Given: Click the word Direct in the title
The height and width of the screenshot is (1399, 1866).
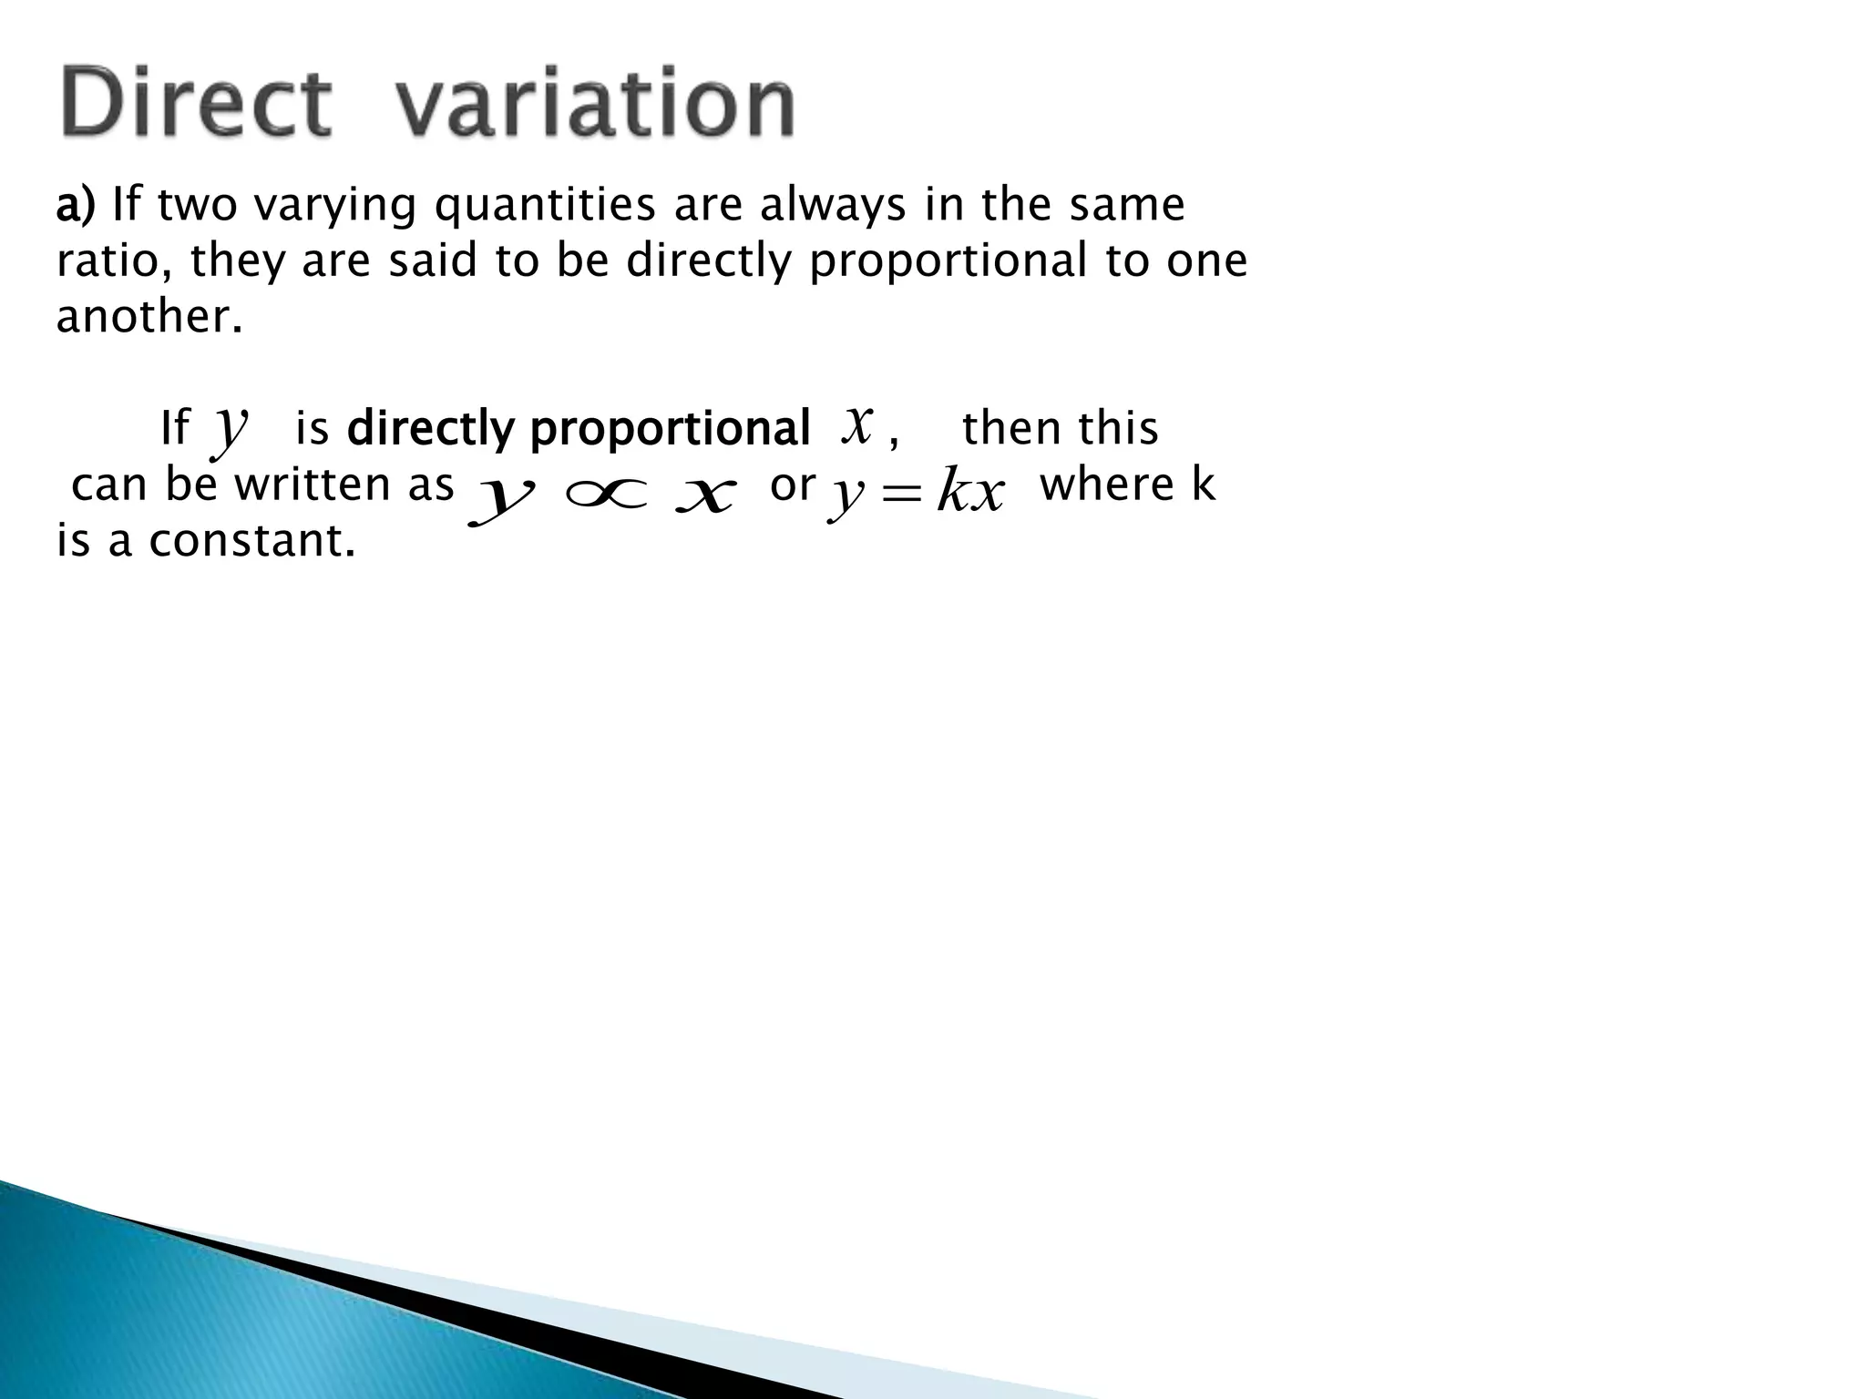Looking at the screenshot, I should (x=194, y=104).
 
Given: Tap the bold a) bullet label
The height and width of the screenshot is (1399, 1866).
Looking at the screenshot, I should (x=75, y=206).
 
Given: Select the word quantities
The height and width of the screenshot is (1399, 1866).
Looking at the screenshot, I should (x=544, y=206).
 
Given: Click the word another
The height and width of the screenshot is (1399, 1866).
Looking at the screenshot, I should (x=149, y=317).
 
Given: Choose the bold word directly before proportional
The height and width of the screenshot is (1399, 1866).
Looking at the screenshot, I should (x=430, y=428).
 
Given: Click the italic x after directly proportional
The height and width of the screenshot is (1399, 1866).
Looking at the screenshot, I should (x=857, y=424).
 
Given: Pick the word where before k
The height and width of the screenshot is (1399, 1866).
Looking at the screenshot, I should (x=1107, y=485).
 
